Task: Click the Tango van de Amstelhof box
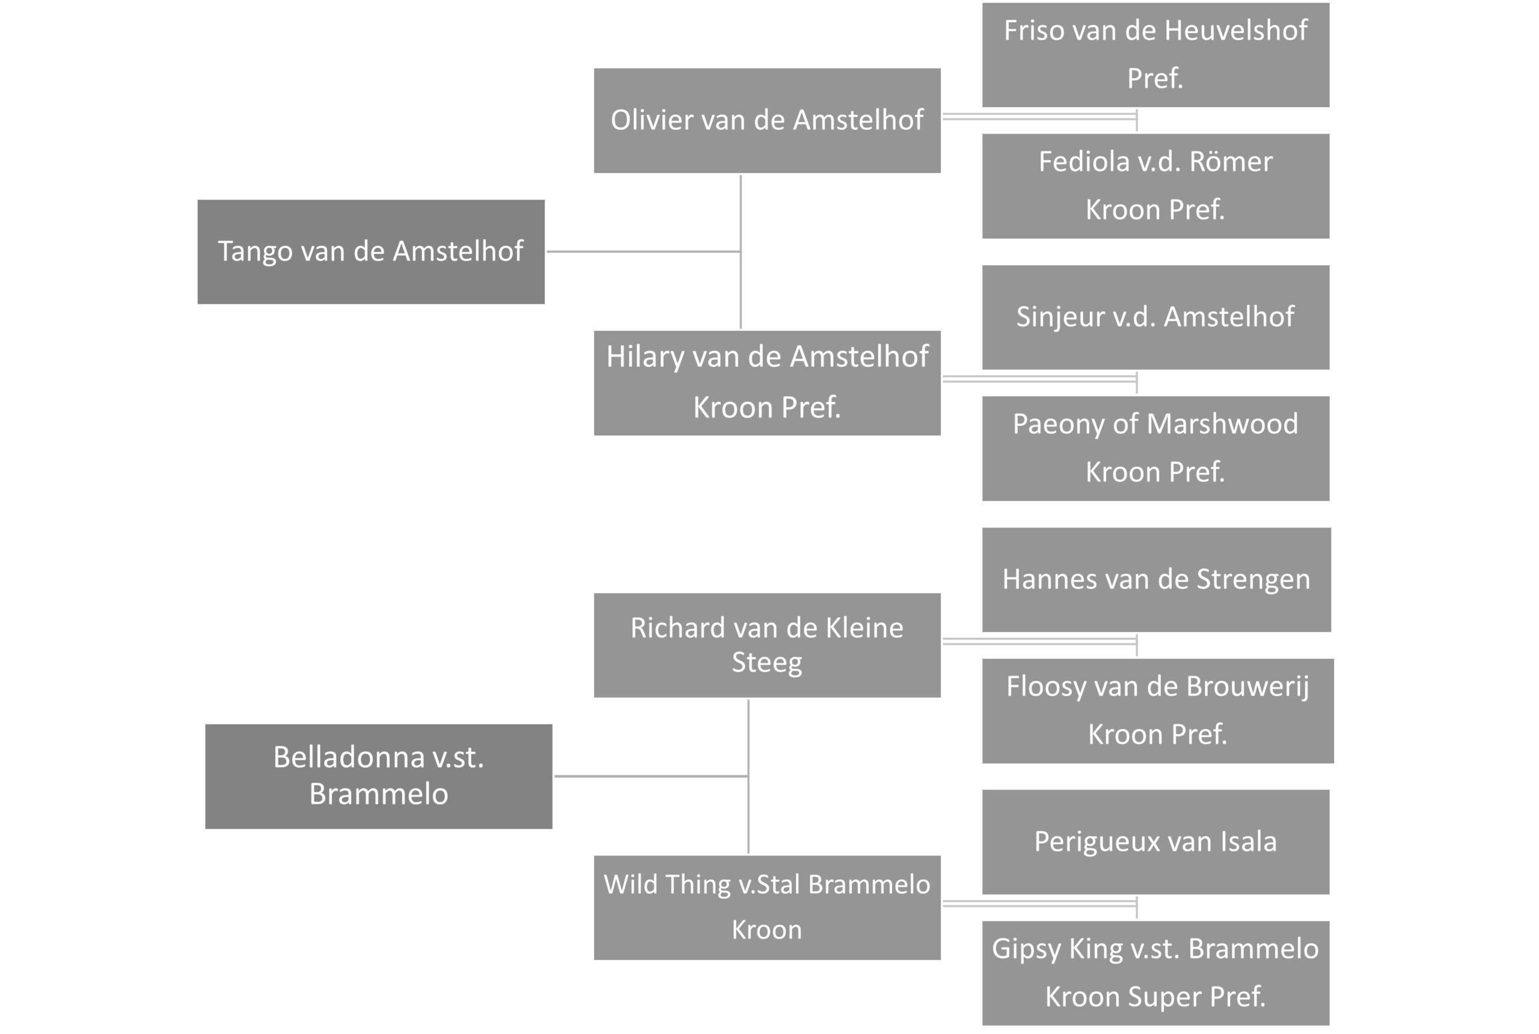point(371,252)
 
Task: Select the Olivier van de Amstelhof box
point(767,121)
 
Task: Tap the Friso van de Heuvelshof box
point(1155,55)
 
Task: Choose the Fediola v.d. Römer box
point(1155,186)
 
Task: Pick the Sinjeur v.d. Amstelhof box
point(1155,317)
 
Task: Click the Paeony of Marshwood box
point(1155,448)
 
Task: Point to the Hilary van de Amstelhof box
point(767,383)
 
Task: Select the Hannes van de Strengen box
point(1157,580)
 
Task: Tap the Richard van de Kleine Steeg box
point(767,645)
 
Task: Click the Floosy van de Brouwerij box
point(1158,711)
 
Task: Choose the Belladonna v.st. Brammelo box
point(378,776)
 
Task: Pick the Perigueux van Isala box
point(1155,842)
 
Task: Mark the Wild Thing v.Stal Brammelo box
point(767,908)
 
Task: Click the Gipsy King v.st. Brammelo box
point(1155,973)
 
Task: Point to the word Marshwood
point(1223,424)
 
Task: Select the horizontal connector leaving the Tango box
point(644,251)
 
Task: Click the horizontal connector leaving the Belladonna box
point(651,776)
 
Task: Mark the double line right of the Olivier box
point(1039,117)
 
